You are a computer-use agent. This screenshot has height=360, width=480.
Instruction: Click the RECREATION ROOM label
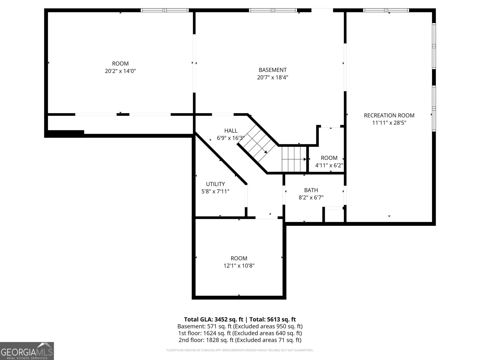coord(389,115)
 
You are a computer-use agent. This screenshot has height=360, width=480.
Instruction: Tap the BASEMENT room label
coord(272,70)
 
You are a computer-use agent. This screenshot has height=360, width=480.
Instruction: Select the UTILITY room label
coord(215,184)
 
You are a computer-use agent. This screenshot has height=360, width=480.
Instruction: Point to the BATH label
coord(311,190)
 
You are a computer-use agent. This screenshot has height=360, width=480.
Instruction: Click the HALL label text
coord(231,131)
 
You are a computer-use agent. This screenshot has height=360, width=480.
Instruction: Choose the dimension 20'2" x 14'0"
coord(120,71)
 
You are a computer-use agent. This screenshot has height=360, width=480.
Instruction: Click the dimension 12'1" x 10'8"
coord(239,265)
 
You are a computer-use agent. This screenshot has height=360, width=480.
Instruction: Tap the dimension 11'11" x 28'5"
coord(389,123)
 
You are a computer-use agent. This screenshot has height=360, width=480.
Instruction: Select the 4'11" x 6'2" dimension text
coord(329,165)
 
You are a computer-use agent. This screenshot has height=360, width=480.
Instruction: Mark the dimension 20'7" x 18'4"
coord(272,77)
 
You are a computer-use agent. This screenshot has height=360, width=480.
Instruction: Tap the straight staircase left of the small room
coord(294,159)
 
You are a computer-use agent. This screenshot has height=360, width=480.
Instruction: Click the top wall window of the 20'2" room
coord(164,10)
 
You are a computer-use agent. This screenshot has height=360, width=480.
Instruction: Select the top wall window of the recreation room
coord(386,10)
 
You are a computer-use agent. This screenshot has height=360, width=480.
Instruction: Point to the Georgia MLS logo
coord(27,351)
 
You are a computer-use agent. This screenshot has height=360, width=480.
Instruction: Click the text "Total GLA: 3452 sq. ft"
coord(213,319)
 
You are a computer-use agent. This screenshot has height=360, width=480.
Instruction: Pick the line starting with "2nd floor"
coord(240,340)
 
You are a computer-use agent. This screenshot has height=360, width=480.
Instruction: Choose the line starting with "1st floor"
coord(240,333)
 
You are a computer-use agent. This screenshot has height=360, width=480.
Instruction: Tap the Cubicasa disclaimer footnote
coord(240,350)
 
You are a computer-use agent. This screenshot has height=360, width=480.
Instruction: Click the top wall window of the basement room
coord(273,10)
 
